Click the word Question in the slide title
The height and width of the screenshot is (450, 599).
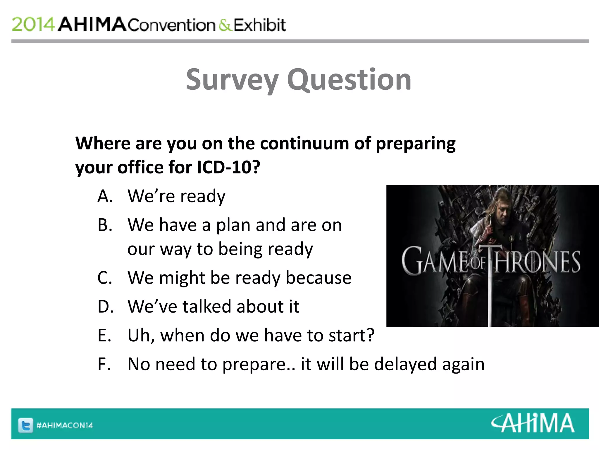tap(349, 79)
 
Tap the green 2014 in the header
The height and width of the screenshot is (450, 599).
tap(33, 24)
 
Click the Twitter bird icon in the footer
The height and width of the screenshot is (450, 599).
tap(26, 425)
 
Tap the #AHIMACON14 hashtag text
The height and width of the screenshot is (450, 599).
tap(65, 425)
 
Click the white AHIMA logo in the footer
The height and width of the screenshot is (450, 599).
tap(533, 423)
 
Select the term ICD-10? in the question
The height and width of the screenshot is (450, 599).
tap(228, 167)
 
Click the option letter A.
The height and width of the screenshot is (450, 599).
tap(105, 196)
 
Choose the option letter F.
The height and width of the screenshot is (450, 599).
tap(104, 364)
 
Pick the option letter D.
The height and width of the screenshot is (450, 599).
tap(106, 306)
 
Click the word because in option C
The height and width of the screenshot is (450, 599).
tap(319, 277)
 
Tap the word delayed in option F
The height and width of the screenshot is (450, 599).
tap(405, 364)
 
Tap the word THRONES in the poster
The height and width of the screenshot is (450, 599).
tap(536, 262)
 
